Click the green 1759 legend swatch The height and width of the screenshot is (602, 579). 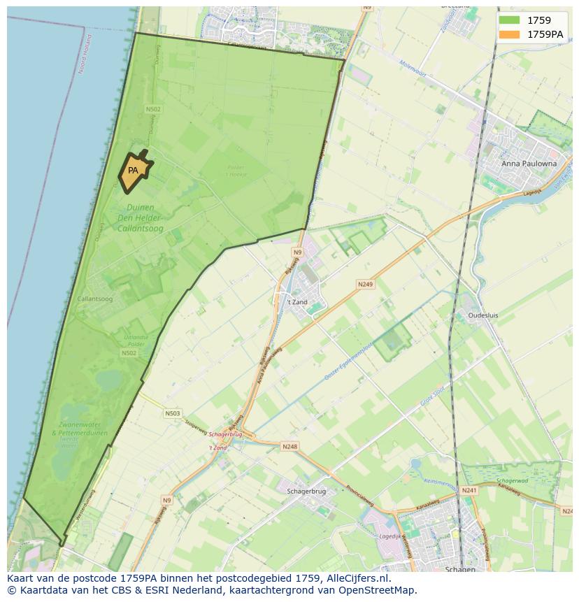click(x=510, y=20)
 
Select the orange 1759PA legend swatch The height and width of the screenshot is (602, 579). click(x=510, y=34)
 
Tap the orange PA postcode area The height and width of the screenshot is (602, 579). click(x=134, y=170)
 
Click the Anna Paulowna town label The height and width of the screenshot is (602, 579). click(x=529, y=164)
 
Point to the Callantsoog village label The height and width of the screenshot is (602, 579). click(x=95, y=299)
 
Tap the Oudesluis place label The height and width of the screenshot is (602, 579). click(x=482, y=315)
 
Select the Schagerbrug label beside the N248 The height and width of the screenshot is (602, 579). click(x=307, y=491)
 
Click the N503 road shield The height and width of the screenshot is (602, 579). click(x=173, y=413)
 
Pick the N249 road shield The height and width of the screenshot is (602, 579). click(x=365, y=285)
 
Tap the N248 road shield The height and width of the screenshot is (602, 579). click(x=289, y=446)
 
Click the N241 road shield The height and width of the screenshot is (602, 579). click(x=469, y=491)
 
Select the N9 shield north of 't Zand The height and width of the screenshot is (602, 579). click(x=297, y=252)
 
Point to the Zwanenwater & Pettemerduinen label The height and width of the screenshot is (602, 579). click(x=79, y=429)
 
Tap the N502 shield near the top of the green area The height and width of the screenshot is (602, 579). click(x=153, y=109)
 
